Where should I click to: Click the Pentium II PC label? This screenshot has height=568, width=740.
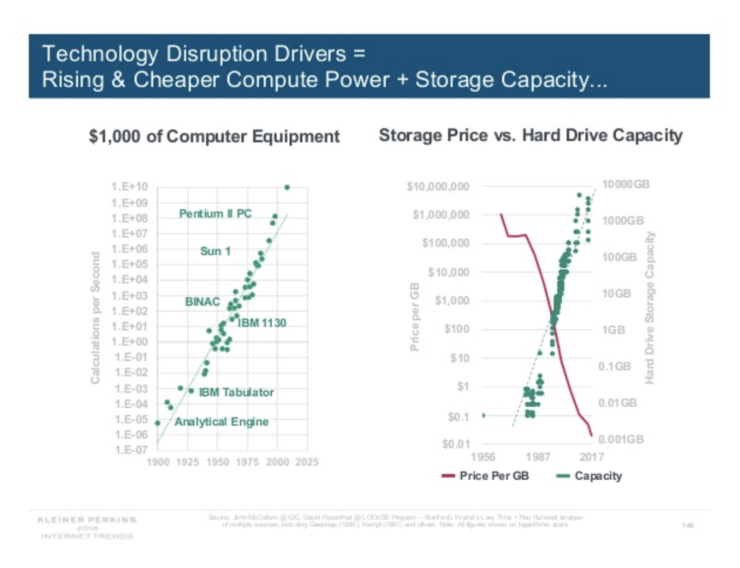[x=216, y=214]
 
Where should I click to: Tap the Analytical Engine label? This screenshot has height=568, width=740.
[x=221, y=422]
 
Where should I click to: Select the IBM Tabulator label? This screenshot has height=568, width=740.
[x=236, y=392]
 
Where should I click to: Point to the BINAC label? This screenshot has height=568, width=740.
[x=202, y=302]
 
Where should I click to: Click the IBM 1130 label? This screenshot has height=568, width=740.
[x=262, y=322]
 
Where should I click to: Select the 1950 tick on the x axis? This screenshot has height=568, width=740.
[x=218, y=462]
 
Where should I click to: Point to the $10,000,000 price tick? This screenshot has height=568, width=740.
[x=438, y=187]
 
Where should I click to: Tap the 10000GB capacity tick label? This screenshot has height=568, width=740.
[x=626, y=185]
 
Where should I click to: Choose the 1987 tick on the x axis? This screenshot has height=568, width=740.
[x=537, y=456]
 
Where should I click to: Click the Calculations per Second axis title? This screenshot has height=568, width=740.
[x=96, y=317]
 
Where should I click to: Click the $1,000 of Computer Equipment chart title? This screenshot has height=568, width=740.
[x=214, y=136]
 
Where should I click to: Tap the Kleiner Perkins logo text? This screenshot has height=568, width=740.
[x=87, y=520]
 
